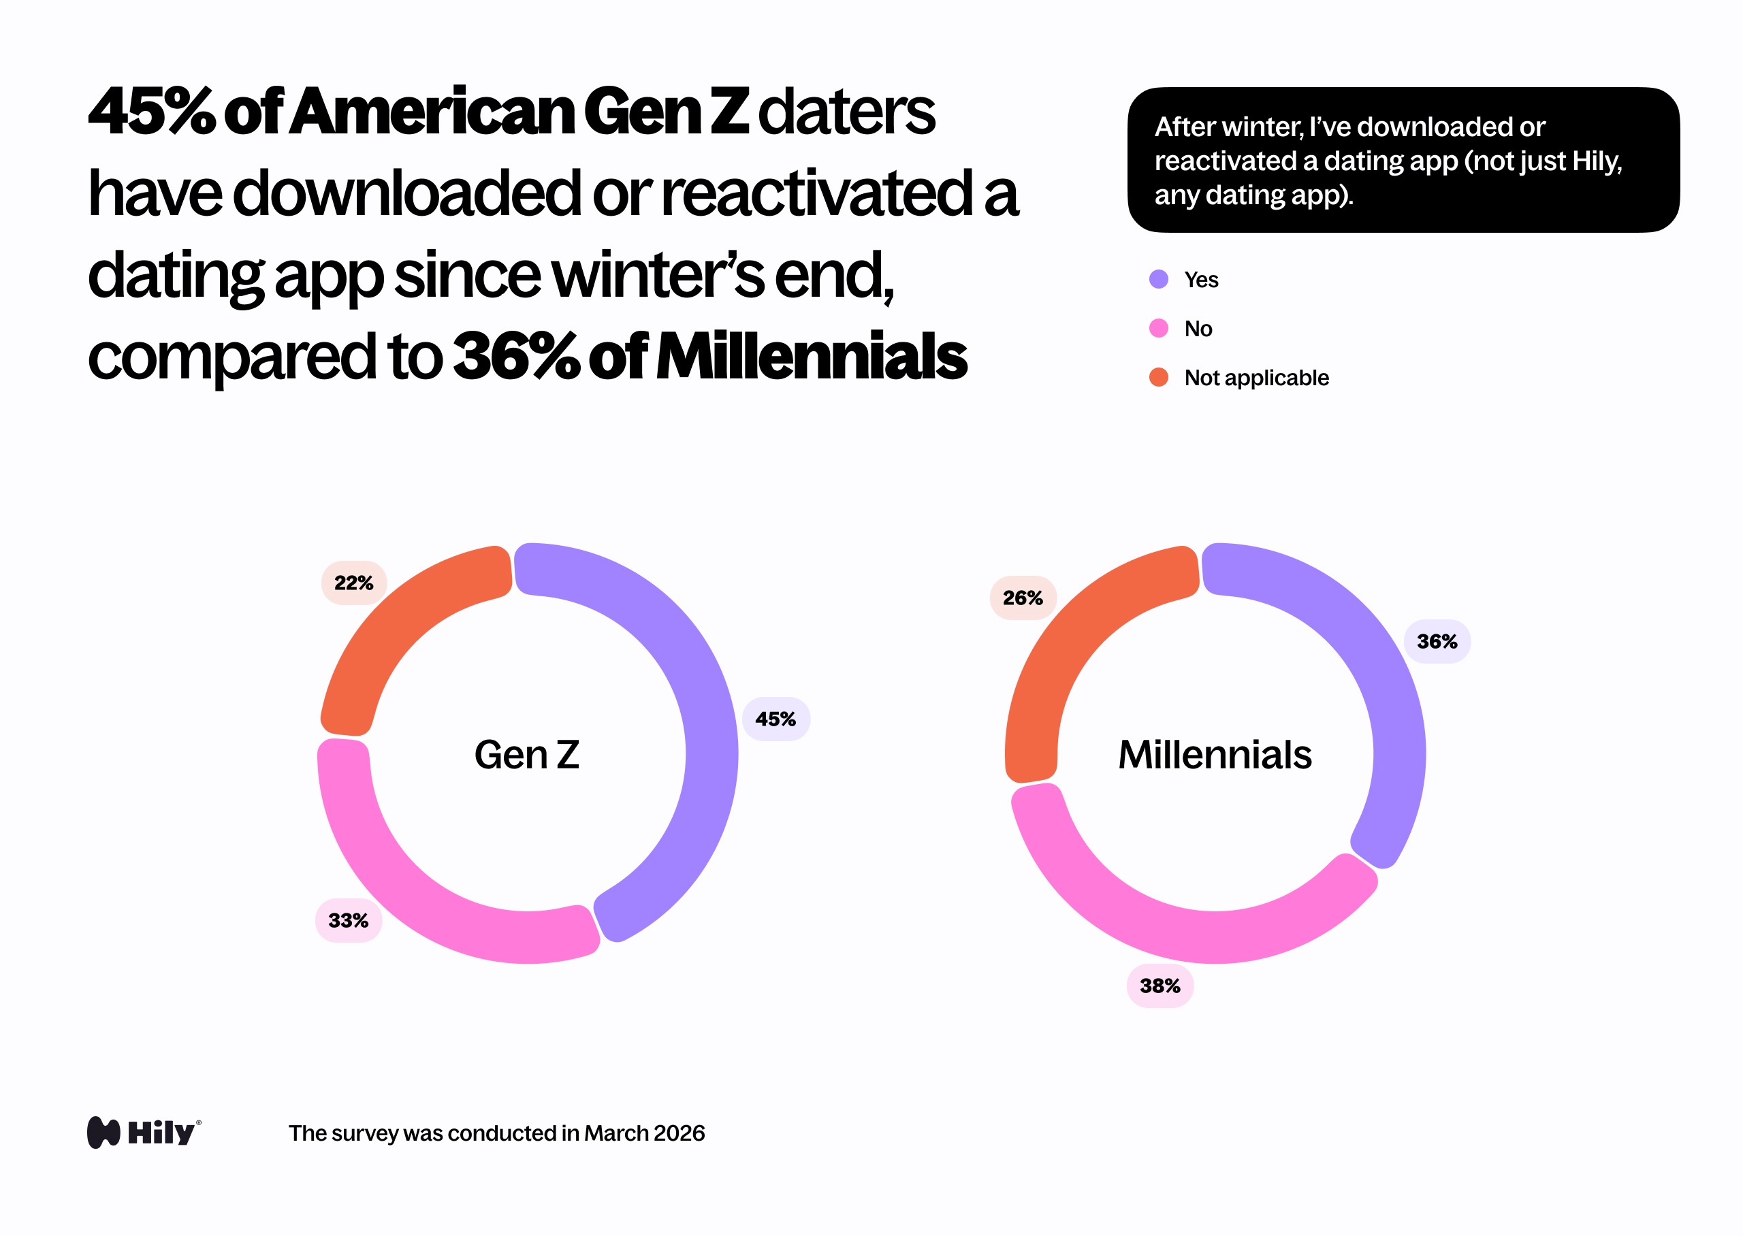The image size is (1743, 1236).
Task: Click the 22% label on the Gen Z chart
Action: [354, 583]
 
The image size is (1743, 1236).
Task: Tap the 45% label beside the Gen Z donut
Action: [775, 719]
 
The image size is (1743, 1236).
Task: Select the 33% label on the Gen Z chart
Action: [348, 921]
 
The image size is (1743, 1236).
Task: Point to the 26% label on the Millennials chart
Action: [1022, 598]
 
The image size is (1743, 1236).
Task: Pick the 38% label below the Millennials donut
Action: [1160, 986]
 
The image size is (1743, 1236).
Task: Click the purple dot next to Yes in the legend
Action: [1158, 279]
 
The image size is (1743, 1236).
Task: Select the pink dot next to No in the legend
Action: [1158, 328]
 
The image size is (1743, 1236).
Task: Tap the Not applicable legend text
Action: [1256, 378]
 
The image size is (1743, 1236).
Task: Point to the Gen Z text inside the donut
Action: [527, 755]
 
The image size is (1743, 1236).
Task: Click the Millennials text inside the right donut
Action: [1215, 755]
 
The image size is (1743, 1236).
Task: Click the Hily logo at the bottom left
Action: [144, 1133]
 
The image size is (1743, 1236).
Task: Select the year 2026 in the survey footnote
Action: [679, 1133]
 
